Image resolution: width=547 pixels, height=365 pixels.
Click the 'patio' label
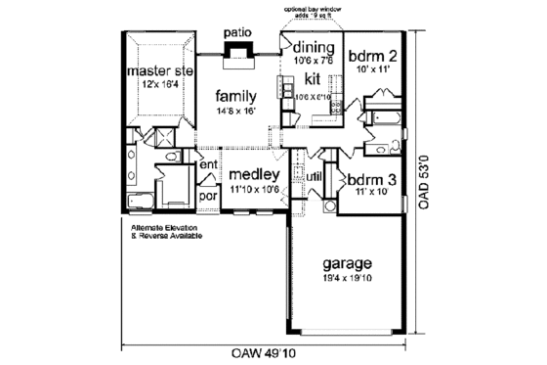click(236, 32)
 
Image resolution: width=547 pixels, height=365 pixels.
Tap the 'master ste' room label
click(160, 71)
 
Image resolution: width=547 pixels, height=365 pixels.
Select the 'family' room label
click(236, 97)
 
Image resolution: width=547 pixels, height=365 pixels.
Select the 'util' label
click(316, 177)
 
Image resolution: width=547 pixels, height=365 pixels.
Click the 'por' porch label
click(207, 195)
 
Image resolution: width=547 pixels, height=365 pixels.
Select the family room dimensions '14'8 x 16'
click(237, 113)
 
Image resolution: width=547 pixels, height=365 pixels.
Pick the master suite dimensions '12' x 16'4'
click(159, 85)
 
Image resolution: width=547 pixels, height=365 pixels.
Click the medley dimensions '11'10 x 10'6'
click(255, 190)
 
